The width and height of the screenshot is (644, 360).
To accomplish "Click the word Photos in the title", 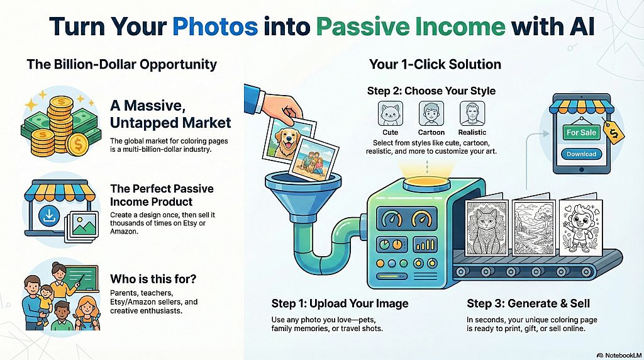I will point(215,28).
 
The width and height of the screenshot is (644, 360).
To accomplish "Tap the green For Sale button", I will point(581,133).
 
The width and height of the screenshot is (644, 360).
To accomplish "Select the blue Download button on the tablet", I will point(581,154).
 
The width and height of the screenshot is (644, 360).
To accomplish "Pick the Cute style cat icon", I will point(390,115).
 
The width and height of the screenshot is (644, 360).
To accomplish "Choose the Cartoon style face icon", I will point(431,115).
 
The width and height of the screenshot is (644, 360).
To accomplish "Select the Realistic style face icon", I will point(472,115).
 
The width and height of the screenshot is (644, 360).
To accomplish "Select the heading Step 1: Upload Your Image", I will point(340,304).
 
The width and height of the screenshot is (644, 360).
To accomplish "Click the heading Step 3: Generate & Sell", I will point(528,304).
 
